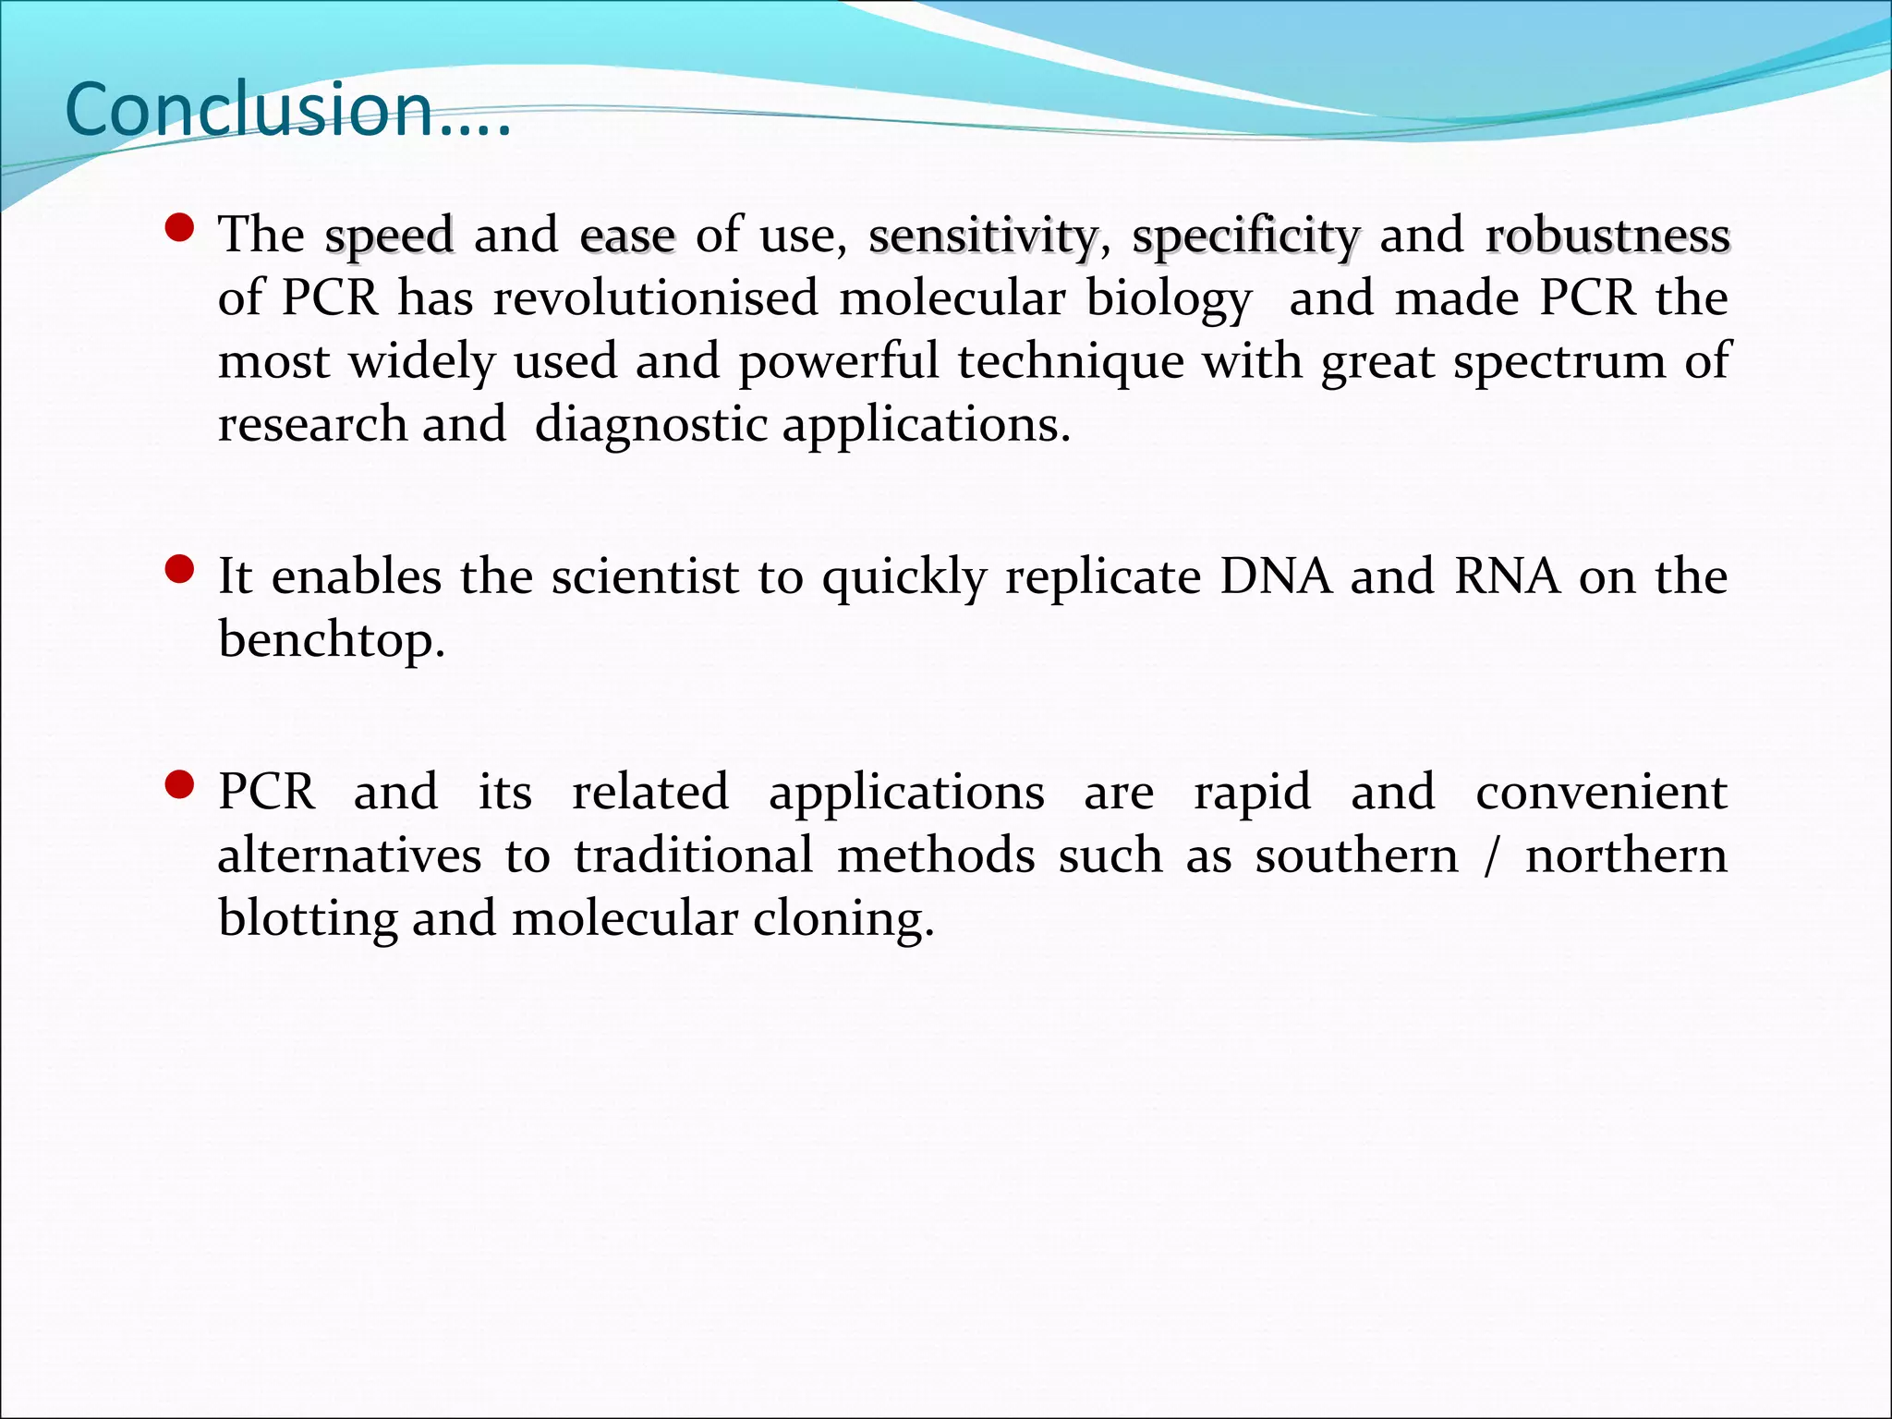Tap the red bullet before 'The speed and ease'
[x=178, y=228]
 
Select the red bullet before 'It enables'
[x=178, y=570]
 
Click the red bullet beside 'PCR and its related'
[x=178, y=785]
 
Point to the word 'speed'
[x=389, y=236]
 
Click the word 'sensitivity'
[x=983, y=236]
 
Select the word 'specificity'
[x=1245, y=236]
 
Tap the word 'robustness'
[x=1607, y=236]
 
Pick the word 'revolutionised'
[x=655, y=298]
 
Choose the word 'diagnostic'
[x=650, y=426]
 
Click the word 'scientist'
[x=645, y=577]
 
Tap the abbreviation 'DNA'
[x=1276, y=577]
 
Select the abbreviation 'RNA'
[x=1508, y=577]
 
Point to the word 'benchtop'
[x=330, y=640]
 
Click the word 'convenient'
[x=1601, y=793]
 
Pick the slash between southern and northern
[x=1491, y=856]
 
